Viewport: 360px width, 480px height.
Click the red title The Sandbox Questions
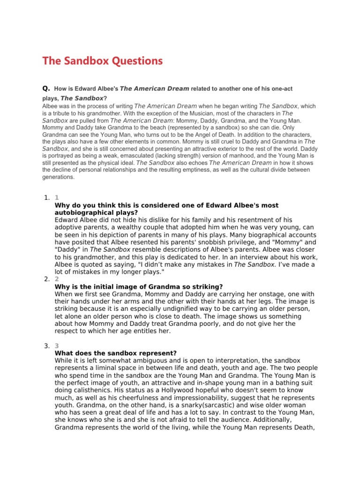point(103,61)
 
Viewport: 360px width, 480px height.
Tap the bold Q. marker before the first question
point(46,88)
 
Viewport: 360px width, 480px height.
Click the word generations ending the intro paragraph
point(59,177)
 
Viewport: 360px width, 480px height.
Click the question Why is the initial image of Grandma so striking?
point(139,286)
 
